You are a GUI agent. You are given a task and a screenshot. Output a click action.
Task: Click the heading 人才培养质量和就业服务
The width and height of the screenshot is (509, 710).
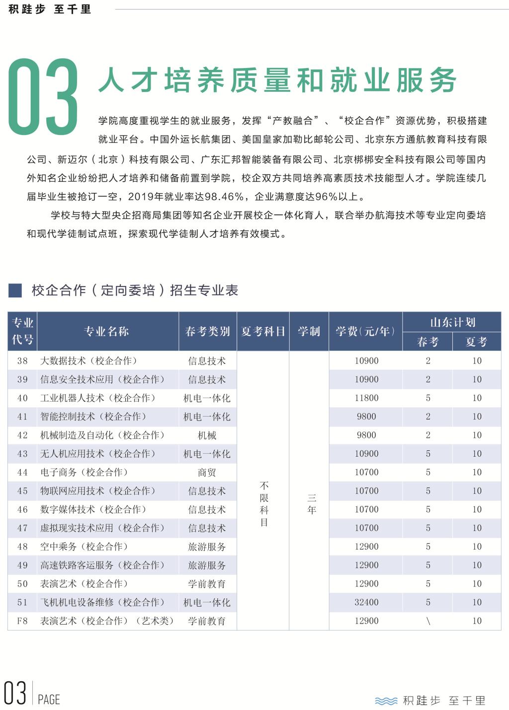(x=277, y=80)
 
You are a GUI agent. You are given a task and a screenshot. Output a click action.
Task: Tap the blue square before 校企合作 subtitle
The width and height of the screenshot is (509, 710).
(x=15, y=290)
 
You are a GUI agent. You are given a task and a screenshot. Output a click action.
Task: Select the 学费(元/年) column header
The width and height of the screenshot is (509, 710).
(x=365, y=332)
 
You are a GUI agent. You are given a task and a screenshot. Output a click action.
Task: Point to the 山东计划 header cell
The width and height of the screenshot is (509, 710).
(x=452, y=322)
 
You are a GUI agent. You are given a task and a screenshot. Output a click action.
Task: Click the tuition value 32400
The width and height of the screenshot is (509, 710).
(x=366, y=602)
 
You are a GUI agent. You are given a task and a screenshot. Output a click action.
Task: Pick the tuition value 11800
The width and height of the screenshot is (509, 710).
(x=366, y=398)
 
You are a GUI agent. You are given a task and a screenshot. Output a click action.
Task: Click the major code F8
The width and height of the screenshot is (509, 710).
(x=22, y=621)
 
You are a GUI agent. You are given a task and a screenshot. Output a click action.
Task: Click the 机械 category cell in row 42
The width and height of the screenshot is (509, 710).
(x=207, y=435)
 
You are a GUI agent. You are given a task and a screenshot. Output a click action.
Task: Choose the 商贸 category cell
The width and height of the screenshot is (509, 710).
(x=207, y=473)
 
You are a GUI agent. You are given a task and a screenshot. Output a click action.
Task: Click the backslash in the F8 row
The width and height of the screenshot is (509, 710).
(x=428, y=621)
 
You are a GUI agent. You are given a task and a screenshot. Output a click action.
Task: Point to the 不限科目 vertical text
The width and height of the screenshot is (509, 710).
(x=264, y=503)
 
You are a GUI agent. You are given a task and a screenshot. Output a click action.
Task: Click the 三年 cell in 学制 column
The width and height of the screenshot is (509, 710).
(x=312, y=503)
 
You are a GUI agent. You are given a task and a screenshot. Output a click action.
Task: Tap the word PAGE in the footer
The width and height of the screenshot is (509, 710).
(x=49, y=700)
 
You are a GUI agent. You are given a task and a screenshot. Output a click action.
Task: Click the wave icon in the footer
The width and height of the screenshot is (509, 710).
(x=386, y=701)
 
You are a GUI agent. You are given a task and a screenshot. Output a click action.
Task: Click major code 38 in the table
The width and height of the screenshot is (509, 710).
(x=22, y=361)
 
